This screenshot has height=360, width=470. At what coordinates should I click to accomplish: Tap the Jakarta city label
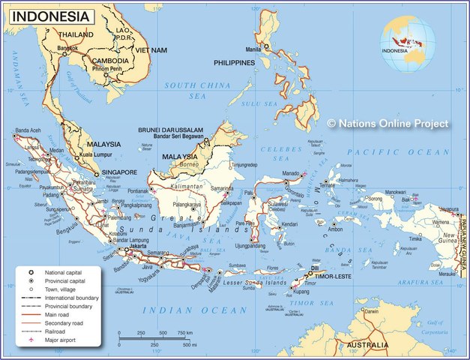(137, 245)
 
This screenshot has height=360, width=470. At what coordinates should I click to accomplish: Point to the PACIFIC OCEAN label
(404, 152)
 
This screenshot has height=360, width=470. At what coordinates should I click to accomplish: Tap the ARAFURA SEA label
(413, 283)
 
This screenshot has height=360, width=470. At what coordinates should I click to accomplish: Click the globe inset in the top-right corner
(407, 44)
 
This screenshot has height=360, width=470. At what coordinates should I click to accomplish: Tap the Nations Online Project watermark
(388, 123)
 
